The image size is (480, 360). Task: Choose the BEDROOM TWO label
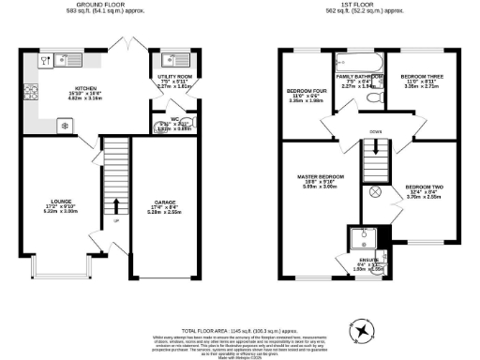pyautogui.click(x=424, y=187)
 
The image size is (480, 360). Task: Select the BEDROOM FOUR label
pyautogui.click(x=304, y=91)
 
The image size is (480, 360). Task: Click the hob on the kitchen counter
pyautogui.click(x=31, y=93)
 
